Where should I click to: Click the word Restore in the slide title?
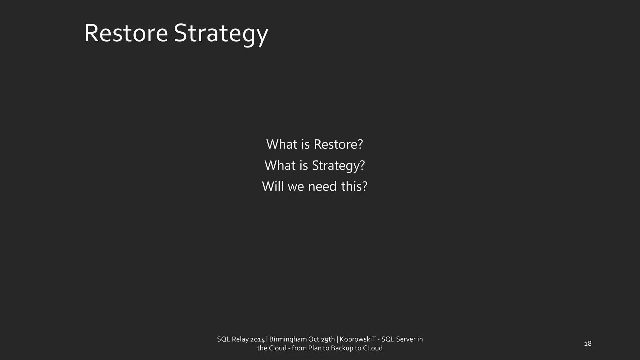tap(126, 33)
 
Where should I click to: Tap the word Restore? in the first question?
tap(338, 144)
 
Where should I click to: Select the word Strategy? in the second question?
tap(338, 166)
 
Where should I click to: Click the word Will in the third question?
tap(272, 186)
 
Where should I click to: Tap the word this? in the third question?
tap(354, 186)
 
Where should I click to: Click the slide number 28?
tap(587, 344)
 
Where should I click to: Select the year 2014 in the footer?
tap(257, 339)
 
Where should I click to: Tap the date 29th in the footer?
tap(328, 339)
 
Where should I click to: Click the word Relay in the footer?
tap(240, 339)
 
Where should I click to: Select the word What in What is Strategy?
tap(279, 166)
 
